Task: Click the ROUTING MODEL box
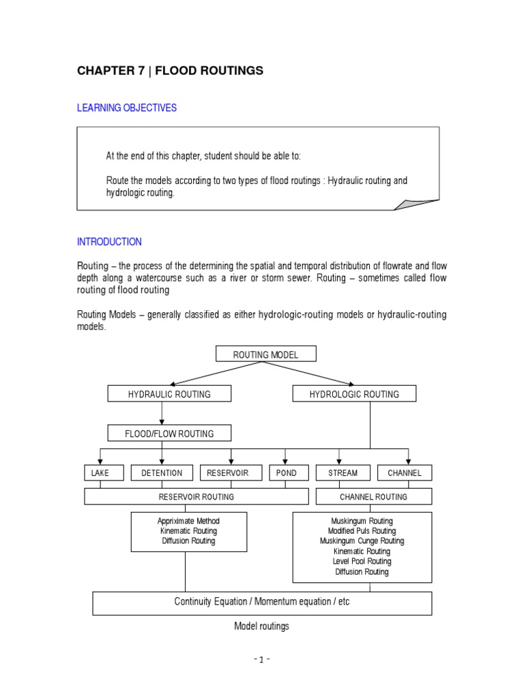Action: (266, 354)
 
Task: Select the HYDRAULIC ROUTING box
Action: (169, 394)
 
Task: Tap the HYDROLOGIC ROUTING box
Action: (354, 394)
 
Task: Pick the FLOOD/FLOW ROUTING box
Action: (169, 434)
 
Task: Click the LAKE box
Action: (96, 473)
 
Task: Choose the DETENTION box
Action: (162, 473)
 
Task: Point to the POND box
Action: (286, 473)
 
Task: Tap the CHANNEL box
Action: (405, 473)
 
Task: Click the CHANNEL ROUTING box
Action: (373, 497)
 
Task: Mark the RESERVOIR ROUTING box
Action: (196, 497)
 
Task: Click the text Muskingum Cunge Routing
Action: (362, 541)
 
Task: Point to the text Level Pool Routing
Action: (362, 562)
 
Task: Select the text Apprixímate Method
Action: (188, 521)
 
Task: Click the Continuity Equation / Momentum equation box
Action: (262, 603)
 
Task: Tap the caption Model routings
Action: (262, 626)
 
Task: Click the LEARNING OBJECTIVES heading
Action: (127, 108)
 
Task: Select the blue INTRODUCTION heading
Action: (109, 242)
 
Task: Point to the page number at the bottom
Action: (262, 660)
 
